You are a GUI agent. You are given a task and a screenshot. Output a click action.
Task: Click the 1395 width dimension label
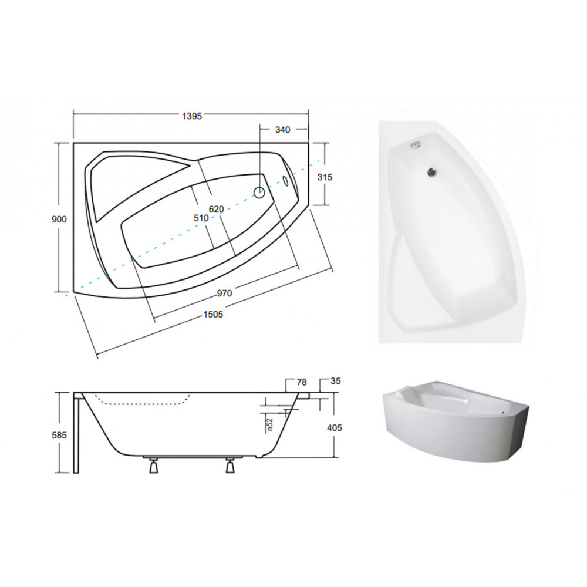[x=192, y=116]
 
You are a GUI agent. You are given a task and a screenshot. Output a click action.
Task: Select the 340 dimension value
[x=283, y=130]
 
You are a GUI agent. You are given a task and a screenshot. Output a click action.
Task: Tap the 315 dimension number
[x=325, y=177]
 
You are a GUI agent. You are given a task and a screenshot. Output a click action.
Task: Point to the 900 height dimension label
[x=59, y=219]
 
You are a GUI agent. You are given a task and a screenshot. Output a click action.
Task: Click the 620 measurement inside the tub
[x=217, y=210]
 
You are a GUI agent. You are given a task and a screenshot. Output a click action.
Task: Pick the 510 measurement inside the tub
[x=201, y=218]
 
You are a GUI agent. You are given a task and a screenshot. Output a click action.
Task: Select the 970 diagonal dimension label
[x=225, y=293]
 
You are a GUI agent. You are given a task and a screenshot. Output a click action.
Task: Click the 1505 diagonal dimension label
[x=214, y=315]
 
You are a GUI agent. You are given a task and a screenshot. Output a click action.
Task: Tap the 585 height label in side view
[x=59, y=435]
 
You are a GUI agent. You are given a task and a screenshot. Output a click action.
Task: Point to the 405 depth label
[x=335, y=427]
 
